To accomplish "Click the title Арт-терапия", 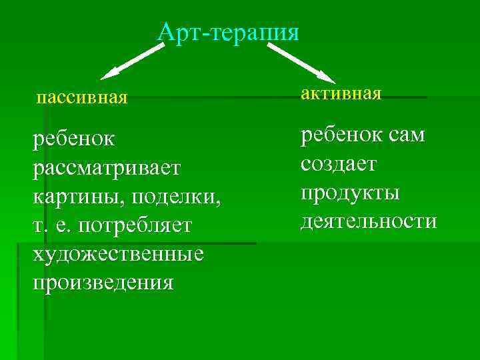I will (x=229, y=31).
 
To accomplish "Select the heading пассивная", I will (x=81, y=99).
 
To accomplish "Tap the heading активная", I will (x=341, y=93).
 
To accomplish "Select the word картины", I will (x=71, y=197).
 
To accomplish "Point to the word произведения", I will (x=103, y=283).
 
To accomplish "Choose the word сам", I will (x=405, y=135).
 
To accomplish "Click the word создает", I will (x=339, y=163).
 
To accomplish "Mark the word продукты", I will (x=350, y=193).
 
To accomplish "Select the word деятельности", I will (x=369, y=221).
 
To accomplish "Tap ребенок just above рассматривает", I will (x=73, y=139).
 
